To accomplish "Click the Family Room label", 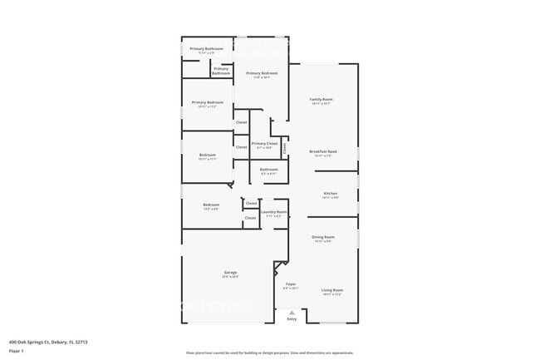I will pyautogui.click(x=321, y=99).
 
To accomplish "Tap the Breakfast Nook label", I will pyautogui.click(x=322, y=151).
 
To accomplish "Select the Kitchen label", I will pyautogui.click(x=329, y=193).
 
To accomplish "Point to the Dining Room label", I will pyautogui.click(x=323, y=237).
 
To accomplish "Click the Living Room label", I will pyautogui.click(x=332, y=289).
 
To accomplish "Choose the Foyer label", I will pyautogui.click(x=291, y=284).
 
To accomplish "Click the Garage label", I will pyautogui.click(x=230, y=272).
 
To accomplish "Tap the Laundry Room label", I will pyautogui.click(x=273, y=212).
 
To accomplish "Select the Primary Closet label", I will pyautogui.click(x=264, y=143).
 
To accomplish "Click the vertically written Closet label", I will pyautogui.click(x=284, y=149).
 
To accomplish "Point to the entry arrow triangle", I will pyautogui.click(x=292, y=313).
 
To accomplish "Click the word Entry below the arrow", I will pyautogui.click(x=292, y=319).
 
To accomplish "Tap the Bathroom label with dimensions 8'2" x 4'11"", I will pyautogui.click(x=268, y=170).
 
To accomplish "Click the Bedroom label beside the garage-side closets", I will pyautogui.click(x=211, y=205).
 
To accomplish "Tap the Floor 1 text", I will pyautogui.click(x=17, y=352).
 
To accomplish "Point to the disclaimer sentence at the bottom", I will pyautogui.click(x=270, y=353).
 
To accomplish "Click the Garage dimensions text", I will pyautogui.click(x=230, y=276).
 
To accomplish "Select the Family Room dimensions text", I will pyautogui.click(x=321, y=104).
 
